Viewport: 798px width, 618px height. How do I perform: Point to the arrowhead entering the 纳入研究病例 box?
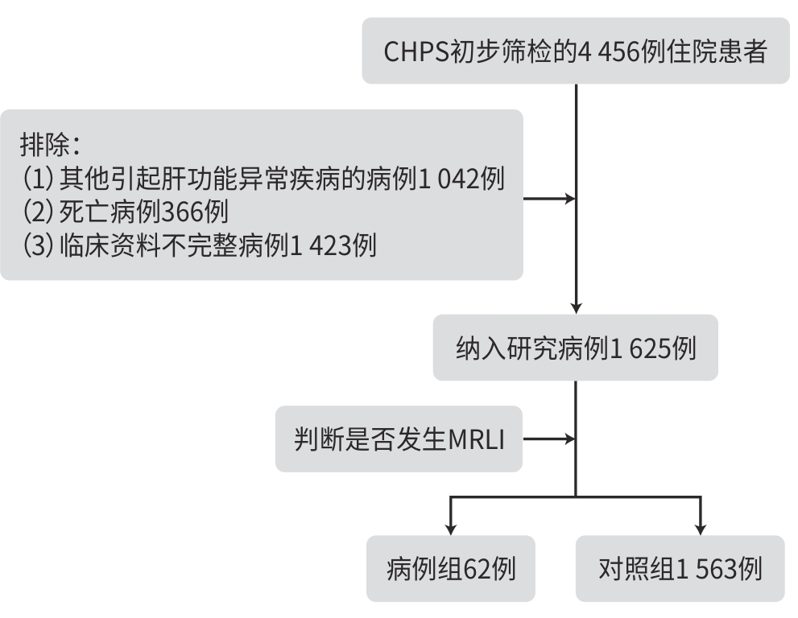point(576,307)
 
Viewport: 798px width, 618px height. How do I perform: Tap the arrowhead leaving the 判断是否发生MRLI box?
point(571,439)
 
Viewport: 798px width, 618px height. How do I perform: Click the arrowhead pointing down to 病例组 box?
point(450,529)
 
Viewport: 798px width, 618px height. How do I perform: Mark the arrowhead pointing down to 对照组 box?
point(701,529)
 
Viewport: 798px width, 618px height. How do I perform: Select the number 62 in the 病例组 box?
point(479,569)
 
